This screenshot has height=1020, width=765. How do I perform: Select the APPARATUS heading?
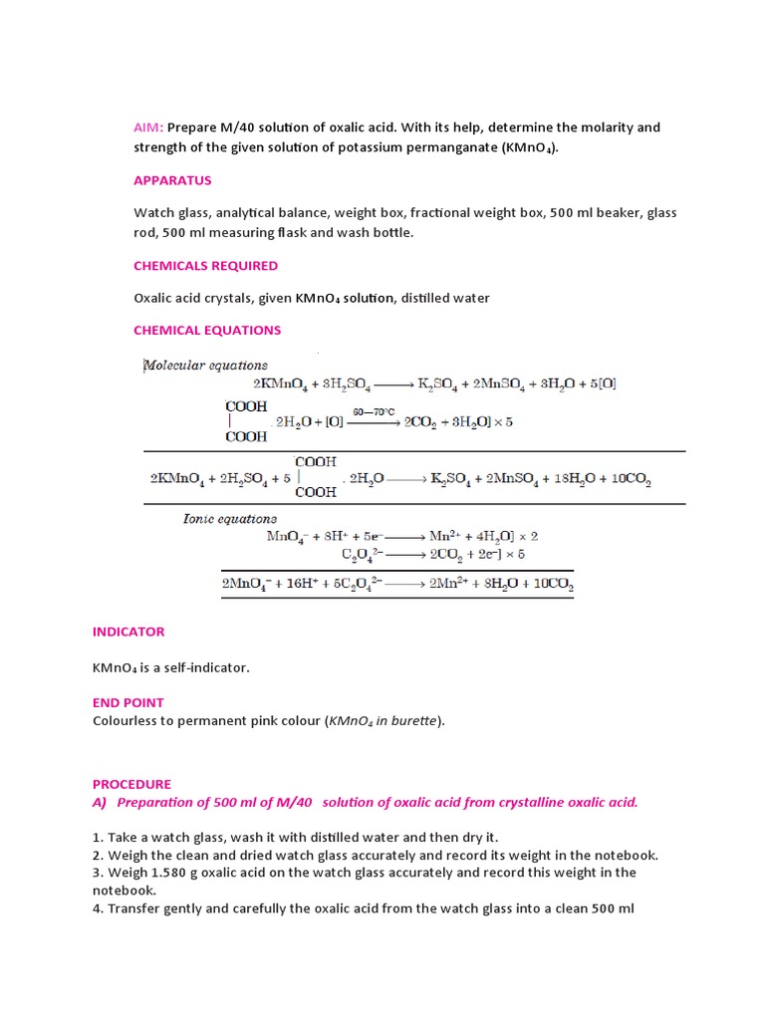point(172,180)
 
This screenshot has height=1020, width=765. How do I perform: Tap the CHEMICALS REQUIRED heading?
point(205,266)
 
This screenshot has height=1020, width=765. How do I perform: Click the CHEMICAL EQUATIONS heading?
point(207,330)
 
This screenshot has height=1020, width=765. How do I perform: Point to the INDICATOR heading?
point(128,632)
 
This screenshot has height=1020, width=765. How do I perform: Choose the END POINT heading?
point(128,702)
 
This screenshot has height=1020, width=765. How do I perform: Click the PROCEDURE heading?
point(131,784)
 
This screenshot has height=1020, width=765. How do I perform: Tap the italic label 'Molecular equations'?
point(206,365)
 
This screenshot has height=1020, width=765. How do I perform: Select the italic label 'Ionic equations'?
point(229,518)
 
